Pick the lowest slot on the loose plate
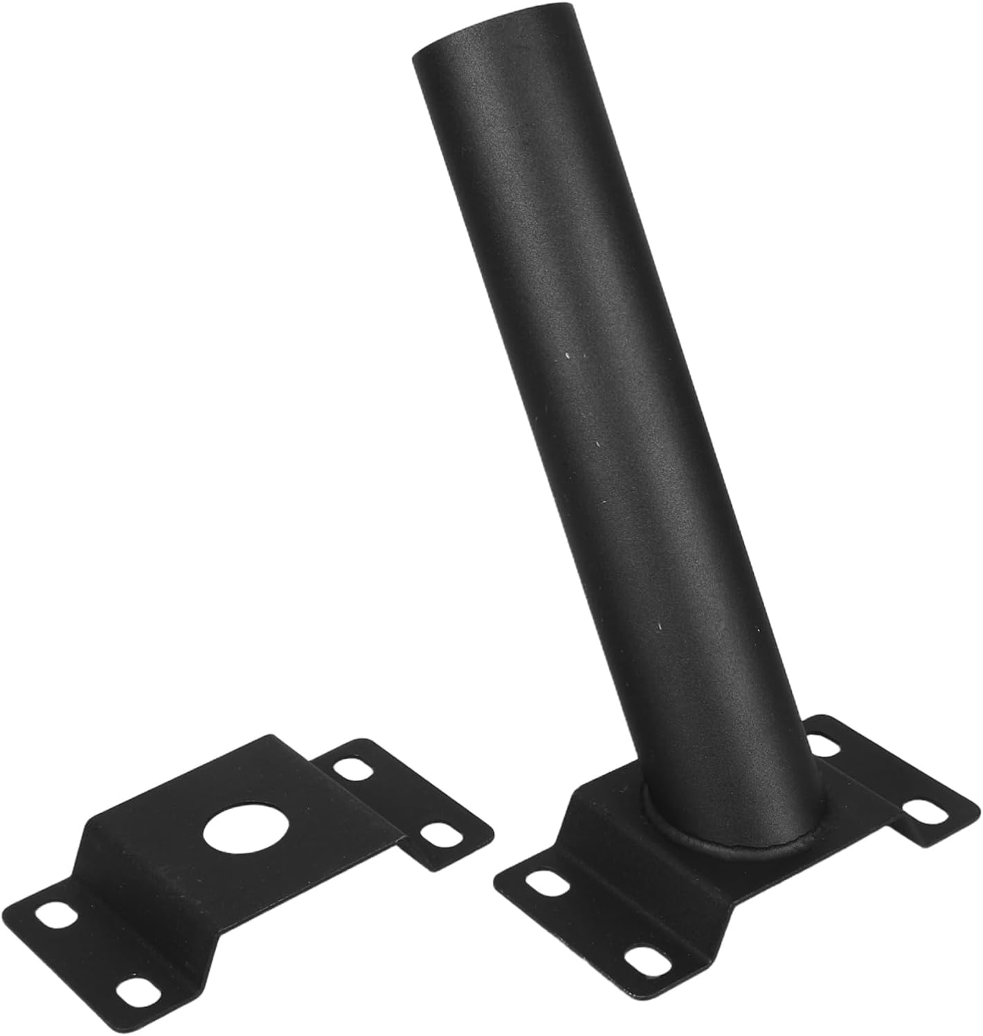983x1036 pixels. tap(134, 991)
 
